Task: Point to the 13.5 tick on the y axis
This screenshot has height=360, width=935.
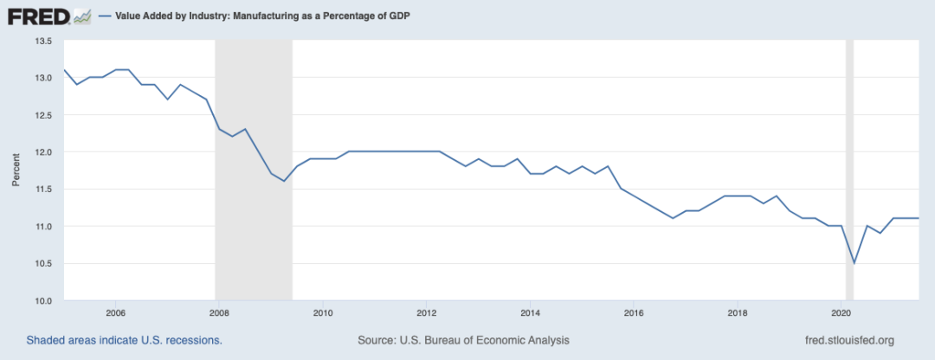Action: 43,41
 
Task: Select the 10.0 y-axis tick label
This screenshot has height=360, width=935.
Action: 43,300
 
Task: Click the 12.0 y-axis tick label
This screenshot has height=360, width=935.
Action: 43,152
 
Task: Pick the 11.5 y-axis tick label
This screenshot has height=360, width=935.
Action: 43,189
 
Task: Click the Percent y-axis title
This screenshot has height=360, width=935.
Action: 16,170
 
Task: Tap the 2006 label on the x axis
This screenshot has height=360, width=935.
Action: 115,312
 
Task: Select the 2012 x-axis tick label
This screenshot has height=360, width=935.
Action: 426,312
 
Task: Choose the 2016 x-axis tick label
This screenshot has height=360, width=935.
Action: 634,312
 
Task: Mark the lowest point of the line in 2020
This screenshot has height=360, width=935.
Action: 854,263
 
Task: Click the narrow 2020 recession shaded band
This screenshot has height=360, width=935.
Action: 849,173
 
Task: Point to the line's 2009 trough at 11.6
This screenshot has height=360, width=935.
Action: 283,181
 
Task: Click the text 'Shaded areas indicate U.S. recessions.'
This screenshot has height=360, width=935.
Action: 124,340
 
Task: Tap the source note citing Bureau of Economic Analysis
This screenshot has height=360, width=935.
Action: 463,340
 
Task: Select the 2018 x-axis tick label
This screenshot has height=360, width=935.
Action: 738,312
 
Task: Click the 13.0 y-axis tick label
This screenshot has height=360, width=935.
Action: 43,78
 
